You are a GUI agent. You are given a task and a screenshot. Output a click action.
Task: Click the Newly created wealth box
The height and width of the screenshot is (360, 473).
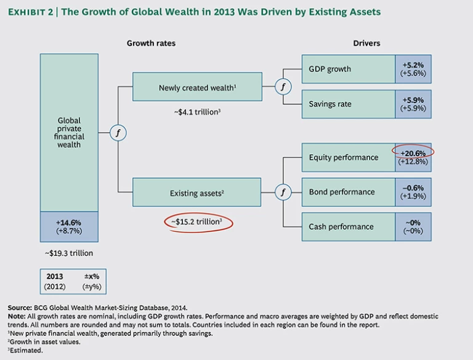[x=196, y=88]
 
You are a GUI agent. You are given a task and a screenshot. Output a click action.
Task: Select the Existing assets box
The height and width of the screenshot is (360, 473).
[x=196, y=193]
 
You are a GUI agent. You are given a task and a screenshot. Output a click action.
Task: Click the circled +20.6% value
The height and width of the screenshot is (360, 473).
[x=413, y=152]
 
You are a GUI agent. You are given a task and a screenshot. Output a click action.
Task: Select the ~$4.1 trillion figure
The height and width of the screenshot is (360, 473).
[x=196, y=113]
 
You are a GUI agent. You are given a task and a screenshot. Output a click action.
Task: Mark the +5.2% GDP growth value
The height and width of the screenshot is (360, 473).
[x=413, y=64]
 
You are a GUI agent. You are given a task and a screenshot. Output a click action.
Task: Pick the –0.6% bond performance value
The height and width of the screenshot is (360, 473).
[x=413, y=187]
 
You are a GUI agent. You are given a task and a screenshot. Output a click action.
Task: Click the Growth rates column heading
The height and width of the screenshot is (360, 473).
[x=151, y=43]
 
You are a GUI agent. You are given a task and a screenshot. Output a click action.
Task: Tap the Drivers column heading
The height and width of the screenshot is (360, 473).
[x=366, y=43]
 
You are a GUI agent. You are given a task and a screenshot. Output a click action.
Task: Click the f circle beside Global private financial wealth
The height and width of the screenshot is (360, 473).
[x=117, y=132]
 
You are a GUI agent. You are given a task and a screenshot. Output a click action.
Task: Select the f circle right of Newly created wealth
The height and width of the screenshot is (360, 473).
[x=283, y=87]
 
